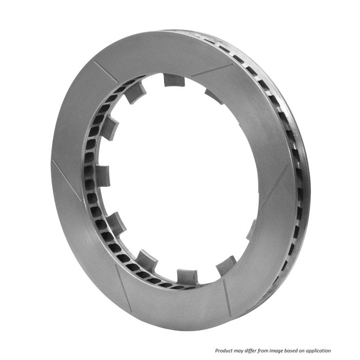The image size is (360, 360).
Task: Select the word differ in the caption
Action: [x=259, y=350]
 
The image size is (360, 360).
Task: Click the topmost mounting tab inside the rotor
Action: [x=173, y=80]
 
